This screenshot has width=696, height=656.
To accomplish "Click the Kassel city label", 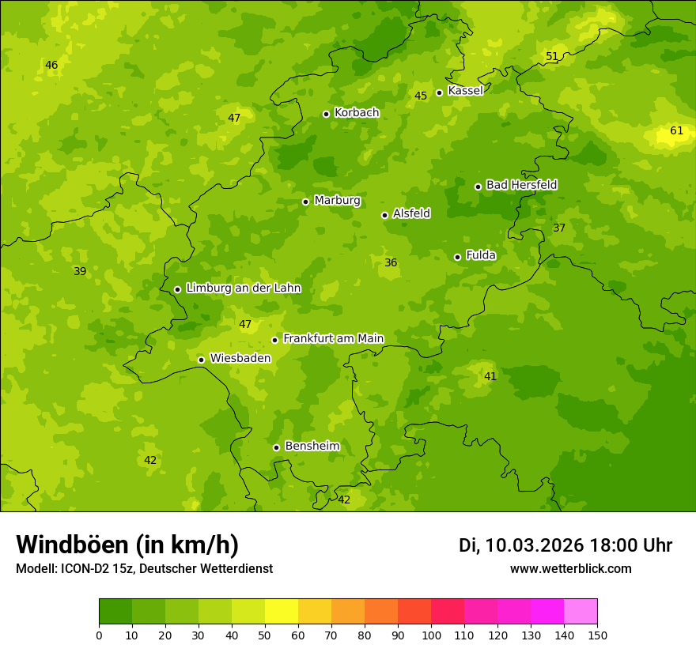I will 465,91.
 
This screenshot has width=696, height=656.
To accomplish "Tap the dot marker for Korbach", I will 326,114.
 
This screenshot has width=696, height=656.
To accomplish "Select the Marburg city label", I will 337,201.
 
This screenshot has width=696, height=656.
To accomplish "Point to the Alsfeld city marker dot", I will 384,215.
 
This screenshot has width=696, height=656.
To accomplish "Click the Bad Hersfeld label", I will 521,185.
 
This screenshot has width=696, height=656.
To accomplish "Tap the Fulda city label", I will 481,255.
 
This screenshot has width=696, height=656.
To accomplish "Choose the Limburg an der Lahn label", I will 243,288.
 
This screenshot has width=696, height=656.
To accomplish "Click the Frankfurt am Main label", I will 333,338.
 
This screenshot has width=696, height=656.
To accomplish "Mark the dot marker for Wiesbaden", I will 201,360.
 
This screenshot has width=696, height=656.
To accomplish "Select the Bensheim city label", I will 312,447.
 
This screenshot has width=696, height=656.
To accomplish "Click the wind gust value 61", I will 676,131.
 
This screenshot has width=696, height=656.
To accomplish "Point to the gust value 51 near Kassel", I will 552,56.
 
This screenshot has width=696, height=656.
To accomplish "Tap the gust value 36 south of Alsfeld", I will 391,263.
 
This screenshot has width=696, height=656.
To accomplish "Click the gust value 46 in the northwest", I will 51,65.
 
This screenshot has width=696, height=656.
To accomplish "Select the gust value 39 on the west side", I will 80,272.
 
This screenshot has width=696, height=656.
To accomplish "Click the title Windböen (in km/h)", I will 127,545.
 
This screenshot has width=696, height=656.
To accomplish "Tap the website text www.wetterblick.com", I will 570,569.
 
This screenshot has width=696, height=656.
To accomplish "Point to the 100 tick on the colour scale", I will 431,635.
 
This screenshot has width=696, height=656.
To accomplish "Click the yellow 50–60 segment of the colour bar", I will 282,612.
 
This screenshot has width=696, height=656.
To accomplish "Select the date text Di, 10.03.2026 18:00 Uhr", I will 565,545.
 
